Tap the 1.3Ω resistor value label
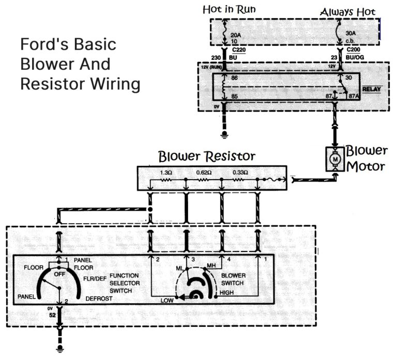[167, 172]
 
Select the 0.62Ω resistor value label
[203, 172]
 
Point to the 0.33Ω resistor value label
[239, 172]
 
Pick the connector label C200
[354, 50]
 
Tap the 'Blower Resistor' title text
[206, 155]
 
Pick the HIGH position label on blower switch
[227, 292]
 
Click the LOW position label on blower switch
[166, 300]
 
